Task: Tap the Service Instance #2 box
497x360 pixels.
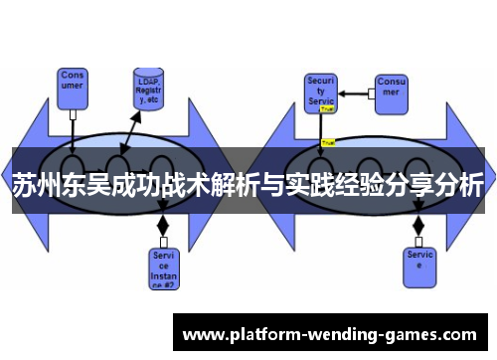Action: pyautogui.click(x=164, y=267)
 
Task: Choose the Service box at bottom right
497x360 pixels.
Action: pyautogui.click(x=418, y=262)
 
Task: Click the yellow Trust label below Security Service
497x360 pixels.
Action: pyautogui.click(x=327, y=142)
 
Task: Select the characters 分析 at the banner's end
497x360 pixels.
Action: pyautogui.click(x=460, y=186)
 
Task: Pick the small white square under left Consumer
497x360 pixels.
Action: pyautogui.click(x=74, y=114)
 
